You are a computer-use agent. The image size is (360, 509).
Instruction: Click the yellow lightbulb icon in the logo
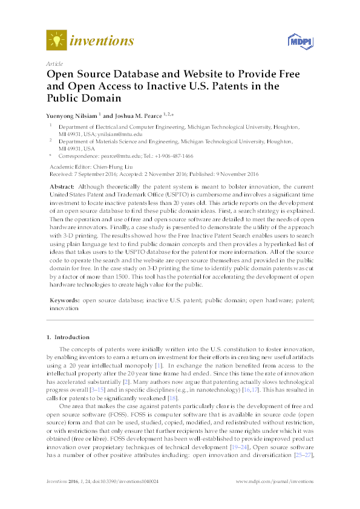point(56,41)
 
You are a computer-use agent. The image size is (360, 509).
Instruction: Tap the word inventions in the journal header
point(102,41)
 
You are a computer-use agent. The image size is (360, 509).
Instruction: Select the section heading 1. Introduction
point(70,337)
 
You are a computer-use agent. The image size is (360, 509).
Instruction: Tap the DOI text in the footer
point(120,482)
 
